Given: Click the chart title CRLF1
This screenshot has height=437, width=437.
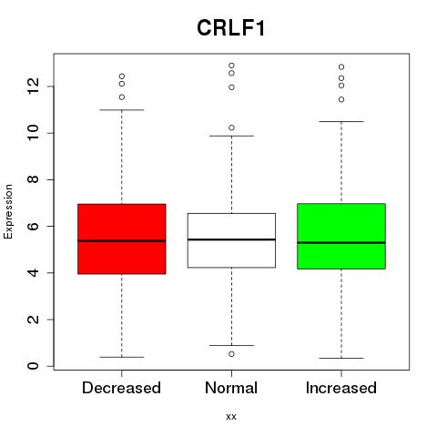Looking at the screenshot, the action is coord(231,28).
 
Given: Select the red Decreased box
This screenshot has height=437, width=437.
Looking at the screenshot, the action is coord(122,239).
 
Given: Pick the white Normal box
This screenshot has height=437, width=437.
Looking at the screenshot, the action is coord(231,240).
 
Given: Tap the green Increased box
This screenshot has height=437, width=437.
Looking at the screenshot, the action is coord(341,236).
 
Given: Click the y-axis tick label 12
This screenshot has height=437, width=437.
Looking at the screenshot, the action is coord(33,86).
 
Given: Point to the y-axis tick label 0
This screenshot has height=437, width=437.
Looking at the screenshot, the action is coord(33,366).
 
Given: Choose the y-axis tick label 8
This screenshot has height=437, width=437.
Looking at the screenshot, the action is coord(33,179).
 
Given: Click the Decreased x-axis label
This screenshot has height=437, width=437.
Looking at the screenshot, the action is coord(121,388).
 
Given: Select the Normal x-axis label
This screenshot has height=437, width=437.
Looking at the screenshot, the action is coord(231,388).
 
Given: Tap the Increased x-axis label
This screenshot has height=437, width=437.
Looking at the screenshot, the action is coord(341,388).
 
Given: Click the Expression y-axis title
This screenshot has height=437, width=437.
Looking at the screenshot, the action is coord(8,211).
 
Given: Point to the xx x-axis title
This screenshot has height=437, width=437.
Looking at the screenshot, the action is coord(231,416).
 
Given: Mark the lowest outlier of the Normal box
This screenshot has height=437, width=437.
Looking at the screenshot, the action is coord(231,354).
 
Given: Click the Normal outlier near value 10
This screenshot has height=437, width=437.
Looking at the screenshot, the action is coord(231,127).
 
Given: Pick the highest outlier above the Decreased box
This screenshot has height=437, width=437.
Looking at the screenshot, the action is coord(122,76).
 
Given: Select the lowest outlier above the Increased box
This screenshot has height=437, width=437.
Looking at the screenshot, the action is coord(341,99).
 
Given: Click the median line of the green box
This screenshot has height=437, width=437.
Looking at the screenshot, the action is coord(341,243).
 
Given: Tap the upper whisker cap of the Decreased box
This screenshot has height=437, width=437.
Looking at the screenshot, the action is coord(122,110).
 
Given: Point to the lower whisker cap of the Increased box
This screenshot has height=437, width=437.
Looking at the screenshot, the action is coord(341,359).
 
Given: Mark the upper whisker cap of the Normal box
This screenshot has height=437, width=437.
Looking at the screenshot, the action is coord(231,136).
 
